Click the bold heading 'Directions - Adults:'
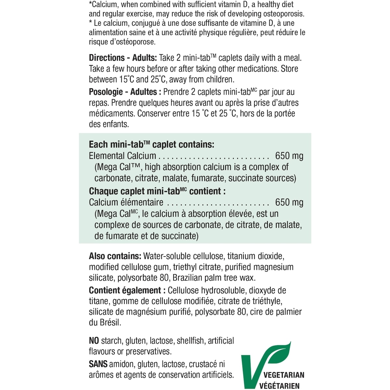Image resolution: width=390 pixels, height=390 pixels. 123,58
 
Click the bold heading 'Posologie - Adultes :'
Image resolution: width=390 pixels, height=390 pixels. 125,92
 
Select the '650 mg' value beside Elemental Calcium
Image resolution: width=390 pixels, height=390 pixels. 289,156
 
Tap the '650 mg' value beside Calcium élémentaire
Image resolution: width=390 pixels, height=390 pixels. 289,202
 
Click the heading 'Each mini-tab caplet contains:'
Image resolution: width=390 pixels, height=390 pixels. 151,145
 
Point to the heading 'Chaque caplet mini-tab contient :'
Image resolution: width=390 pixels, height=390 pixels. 157,191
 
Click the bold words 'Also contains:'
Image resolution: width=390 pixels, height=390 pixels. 115,256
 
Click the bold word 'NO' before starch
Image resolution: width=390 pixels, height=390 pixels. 94,341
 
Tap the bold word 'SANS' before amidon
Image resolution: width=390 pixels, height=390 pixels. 98,364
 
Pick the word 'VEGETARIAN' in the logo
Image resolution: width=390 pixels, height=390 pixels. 284,375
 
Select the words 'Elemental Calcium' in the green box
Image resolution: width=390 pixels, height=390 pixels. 122,156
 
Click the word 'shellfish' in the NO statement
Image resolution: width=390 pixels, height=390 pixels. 191,341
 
